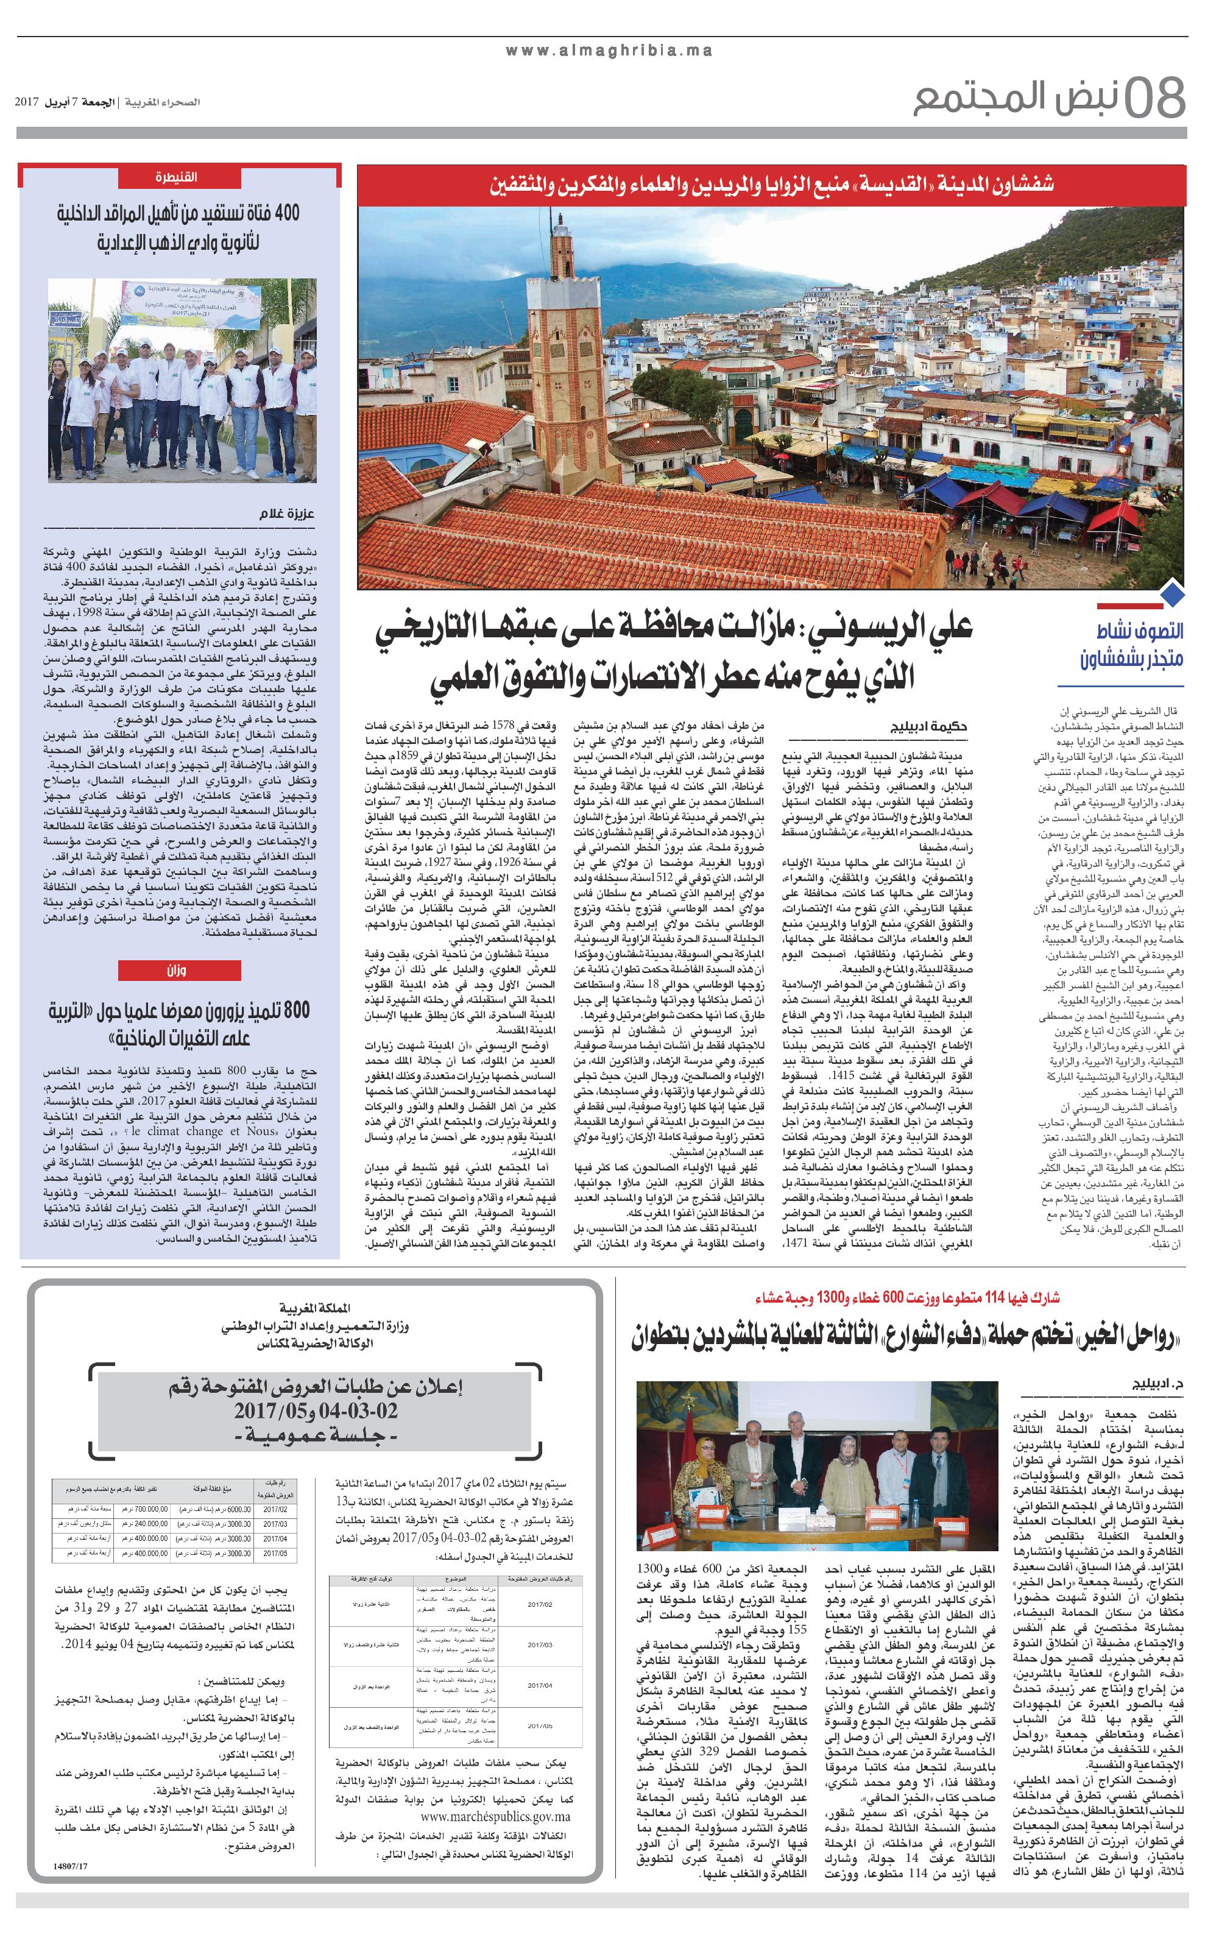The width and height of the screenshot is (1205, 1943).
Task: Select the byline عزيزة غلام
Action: [x=287, y=513]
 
